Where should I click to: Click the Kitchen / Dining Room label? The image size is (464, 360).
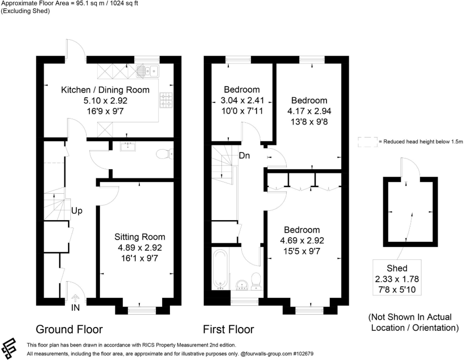tap(105, 90)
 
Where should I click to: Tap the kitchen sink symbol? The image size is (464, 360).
tap(148, 71)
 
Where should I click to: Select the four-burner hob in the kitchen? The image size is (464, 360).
tap(166, 100)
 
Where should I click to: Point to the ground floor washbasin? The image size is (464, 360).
tap(128, 146)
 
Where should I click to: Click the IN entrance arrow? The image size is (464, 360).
tap(75, 297)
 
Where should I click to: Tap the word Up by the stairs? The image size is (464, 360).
tap(77, 211)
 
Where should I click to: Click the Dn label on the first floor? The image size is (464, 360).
tap(245, 155)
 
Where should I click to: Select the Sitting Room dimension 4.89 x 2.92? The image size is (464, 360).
tap(140, 247)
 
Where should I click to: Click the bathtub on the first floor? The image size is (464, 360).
tap(220, 269)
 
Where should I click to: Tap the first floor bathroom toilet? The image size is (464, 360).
tap(256, 281)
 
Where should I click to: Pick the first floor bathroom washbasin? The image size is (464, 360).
tap(242, 284)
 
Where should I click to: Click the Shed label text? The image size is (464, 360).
tap(397, 268)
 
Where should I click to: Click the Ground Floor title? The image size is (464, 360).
tap(69, 329)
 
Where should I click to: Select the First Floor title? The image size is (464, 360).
tap(228, 329)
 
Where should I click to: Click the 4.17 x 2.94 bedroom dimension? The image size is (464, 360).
tap(309, 111)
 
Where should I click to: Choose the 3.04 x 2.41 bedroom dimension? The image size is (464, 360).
tap(242, 101)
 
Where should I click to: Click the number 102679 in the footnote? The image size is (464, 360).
tap(305, 354)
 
